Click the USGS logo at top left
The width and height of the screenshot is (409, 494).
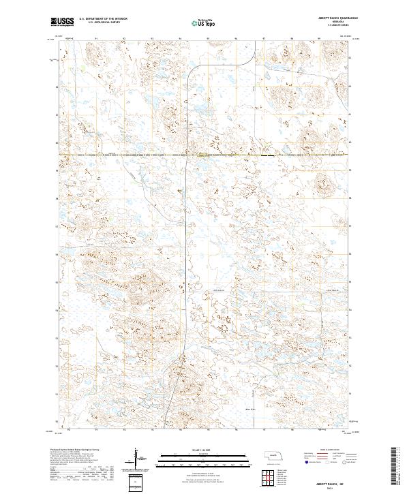pos(63,22)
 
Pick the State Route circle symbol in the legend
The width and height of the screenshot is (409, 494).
pos(345,461)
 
